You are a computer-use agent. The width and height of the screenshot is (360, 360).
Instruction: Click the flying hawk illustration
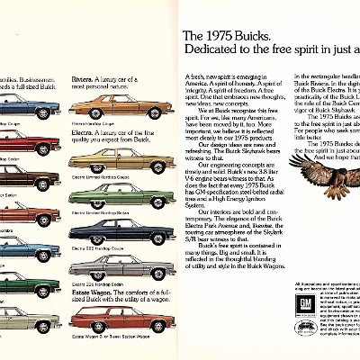(319, 184)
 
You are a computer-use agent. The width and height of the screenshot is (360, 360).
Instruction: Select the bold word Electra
(83, 126)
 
